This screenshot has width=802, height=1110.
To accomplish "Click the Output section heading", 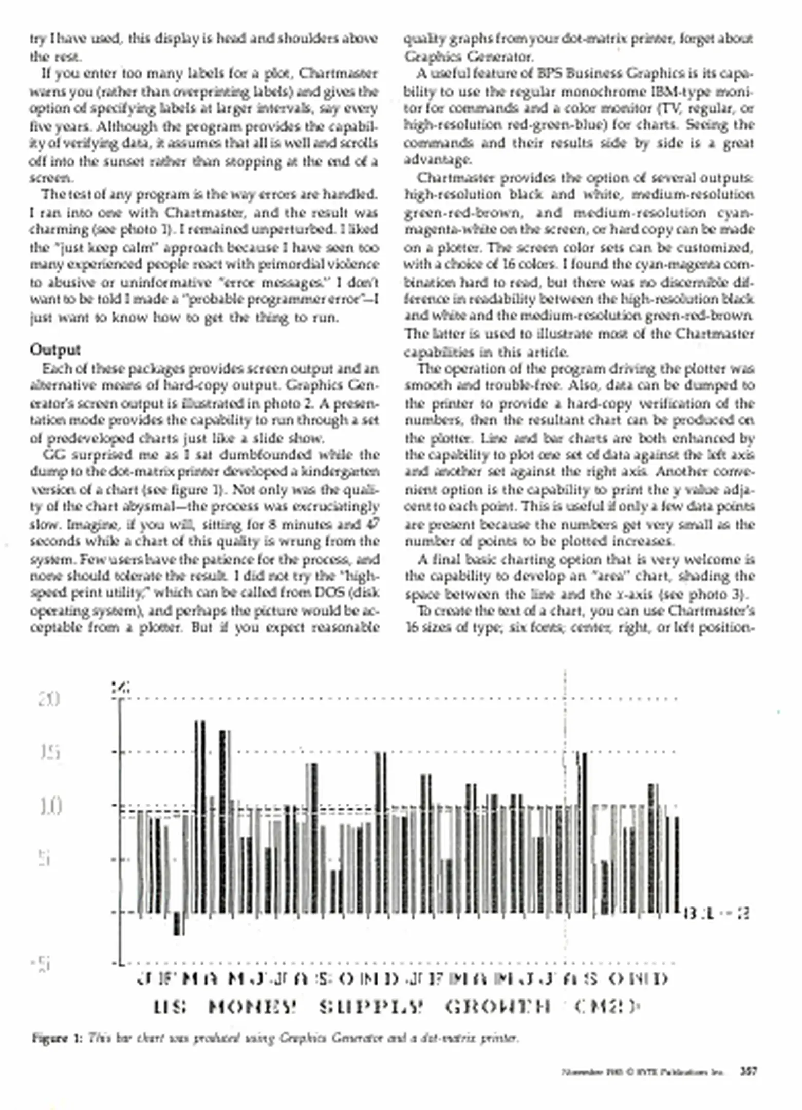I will (55, 350).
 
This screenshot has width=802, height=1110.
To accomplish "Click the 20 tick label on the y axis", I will (49, 699).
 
